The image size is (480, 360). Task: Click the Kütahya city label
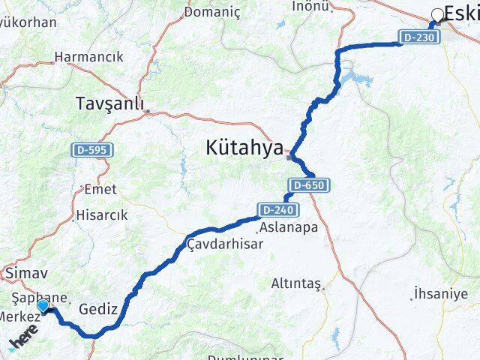(x=245, y=148)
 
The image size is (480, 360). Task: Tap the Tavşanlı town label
(x=110, y=104)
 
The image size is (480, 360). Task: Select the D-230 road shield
(x=417, y=37)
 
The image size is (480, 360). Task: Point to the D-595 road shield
(x=92, y=150)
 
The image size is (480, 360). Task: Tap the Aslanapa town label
(x=288, y=226)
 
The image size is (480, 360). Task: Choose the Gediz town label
(x=98, y=308)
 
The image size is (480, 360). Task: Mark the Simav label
(x=25, y=274)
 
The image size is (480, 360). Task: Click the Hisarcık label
(x=102, y=215)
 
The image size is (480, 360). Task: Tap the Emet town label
(x=101, y=190)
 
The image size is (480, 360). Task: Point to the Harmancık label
(x=88, y=56)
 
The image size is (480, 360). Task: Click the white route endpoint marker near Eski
(x=437, y=14)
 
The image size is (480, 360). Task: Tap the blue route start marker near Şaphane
(x=43, y=305)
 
